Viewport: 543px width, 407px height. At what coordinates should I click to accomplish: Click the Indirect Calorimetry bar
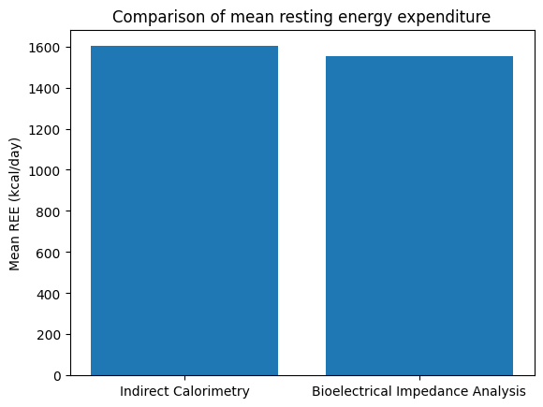(184, 211)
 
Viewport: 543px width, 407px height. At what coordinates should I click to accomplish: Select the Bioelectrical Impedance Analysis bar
(418, 215)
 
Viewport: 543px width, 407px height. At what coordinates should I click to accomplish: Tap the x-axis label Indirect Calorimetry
(184, 391)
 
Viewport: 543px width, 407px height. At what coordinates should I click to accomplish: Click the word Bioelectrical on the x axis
(347, 391)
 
